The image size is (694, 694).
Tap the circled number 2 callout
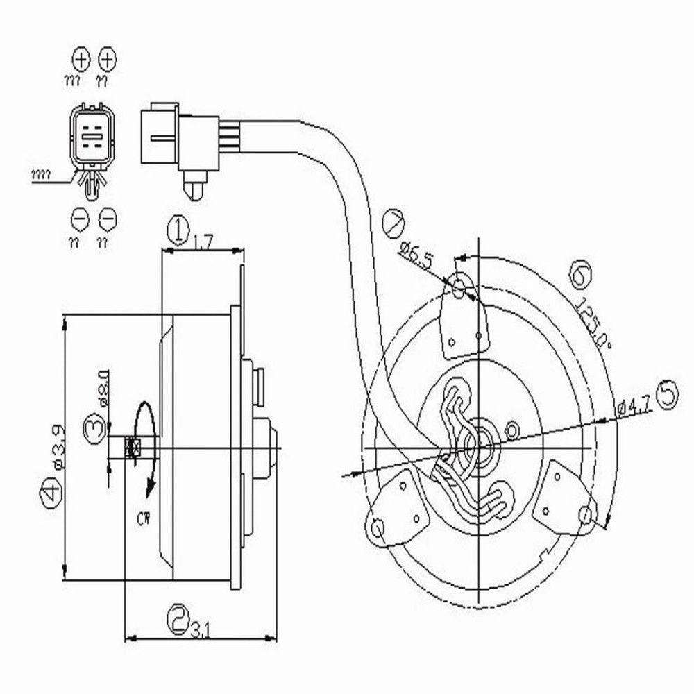[179, 615]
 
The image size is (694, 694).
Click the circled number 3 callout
[94, 425]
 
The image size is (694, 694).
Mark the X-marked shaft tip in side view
[133, 448]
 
